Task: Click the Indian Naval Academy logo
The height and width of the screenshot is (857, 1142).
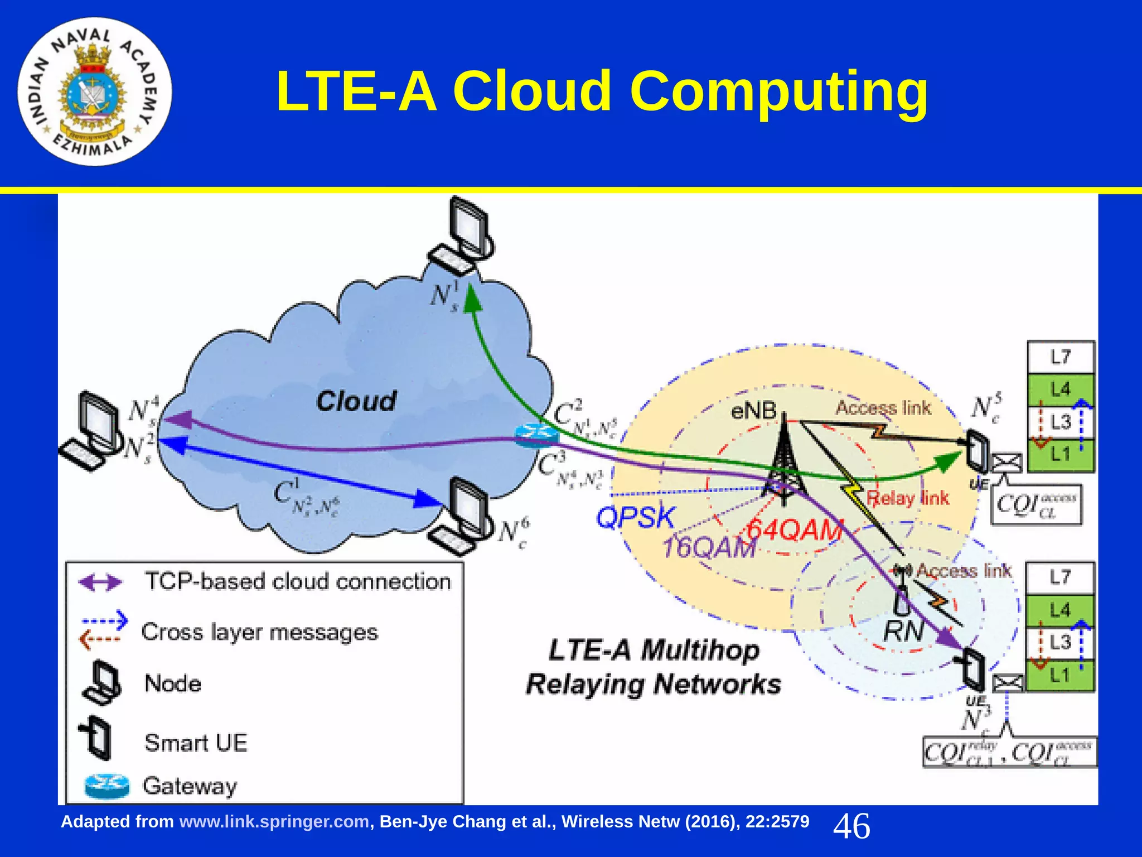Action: pos(95,92)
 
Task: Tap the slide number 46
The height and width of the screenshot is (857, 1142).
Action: pos(851,826)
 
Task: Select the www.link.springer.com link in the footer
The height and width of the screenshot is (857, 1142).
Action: pos(274,822)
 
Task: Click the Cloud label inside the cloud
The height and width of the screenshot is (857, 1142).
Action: pos(356,401)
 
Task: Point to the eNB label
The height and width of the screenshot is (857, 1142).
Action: pos(754,411)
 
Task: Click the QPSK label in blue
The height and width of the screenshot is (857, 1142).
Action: pos(635,517)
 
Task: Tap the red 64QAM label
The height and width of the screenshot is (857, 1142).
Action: pos(794,529)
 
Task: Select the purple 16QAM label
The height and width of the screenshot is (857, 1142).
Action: pos(708,548)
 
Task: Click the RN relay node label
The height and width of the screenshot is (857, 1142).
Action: pos(903,632)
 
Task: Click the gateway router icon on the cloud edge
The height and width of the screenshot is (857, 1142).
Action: pos(535,435)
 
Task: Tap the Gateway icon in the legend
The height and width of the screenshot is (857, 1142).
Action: pos(107,786)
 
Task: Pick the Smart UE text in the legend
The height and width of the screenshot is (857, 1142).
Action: pos(196,743)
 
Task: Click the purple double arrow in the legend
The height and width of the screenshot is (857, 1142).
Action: pos(100,582)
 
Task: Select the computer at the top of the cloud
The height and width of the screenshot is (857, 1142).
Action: pos(463,234)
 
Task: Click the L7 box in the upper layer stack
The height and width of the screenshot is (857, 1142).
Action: pos(1061,357)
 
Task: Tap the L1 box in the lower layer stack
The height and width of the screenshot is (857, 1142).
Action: pos(1059,676)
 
